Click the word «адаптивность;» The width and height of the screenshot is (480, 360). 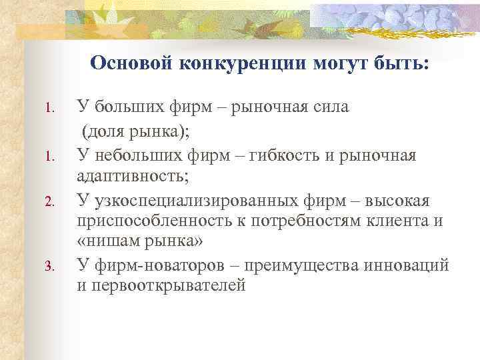click(133, 177)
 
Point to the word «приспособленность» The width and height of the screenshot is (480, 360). click(147, 223)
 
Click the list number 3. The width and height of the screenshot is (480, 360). click(49, 267)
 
